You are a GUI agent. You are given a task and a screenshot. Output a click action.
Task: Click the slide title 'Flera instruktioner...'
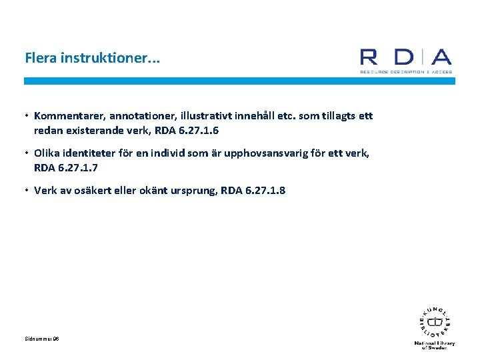[x=92, y=58]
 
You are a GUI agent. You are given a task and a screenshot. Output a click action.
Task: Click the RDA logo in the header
[x=405, y=60]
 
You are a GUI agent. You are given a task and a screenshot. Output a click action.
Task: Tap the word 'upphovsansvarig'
[x=270, y=153]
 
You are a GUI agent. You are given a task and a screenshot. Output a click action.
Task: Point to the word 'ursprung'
[x=186, y=191]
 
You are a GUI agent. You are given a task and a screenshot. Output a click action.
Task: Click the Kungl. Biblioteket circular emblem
[x=435, y=322]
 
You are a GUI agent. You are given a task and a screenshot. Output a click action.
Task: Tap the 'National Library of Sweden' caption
[x=435, y=345]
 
